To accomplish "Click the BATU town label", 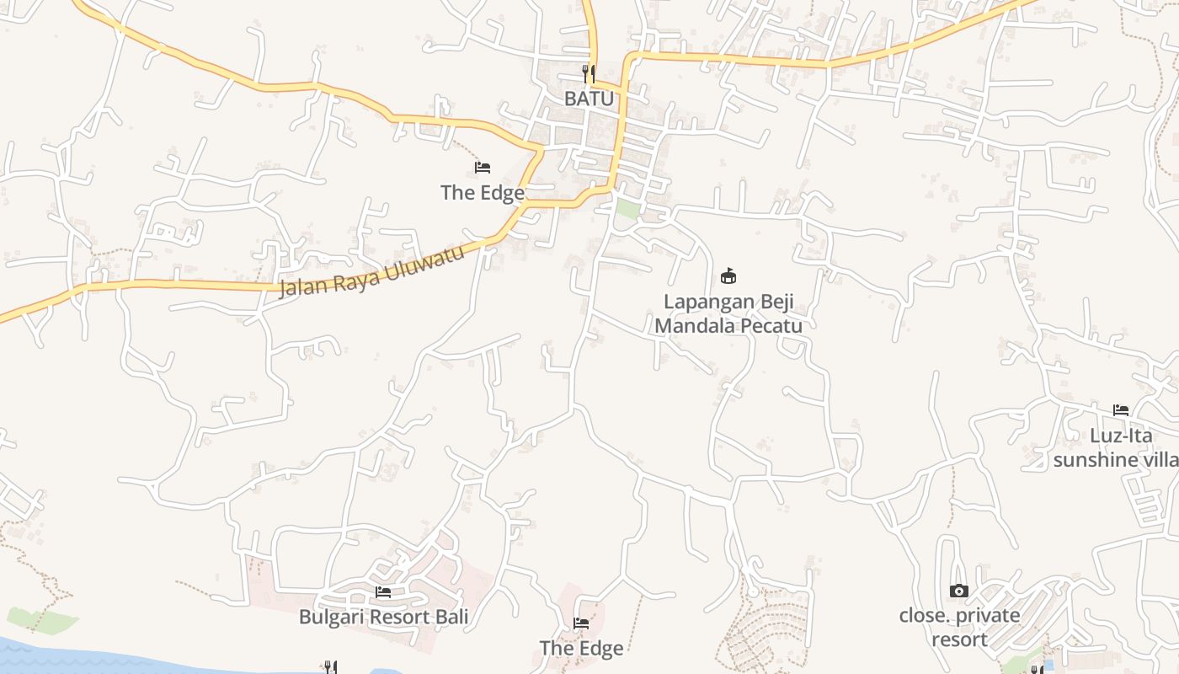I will (589, 99).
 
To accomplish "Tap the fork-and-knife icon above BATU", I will (589, 74).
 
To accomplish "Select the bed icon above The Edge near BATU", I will (483, 168).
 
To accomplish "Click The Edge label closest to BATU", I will (483, 193).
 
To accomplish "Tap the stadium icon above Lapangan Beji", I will (728, 275).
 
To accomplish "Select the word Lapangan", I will (702, 302).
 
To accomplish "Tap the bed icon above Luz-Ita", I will (1121, 410).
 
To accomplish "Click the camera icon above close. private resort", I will (958, 591).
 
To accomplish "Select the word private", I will (984, 616).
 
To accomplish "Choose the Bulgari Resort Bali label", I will (383, 618).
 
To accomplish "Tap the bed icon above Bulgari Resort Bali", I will (383, 592).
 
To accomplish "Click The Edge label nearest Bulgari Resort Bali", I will (581, 648).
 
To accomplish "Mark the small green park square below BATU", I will (627, 209).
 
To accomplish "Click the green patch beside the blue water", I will (42, 621).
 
